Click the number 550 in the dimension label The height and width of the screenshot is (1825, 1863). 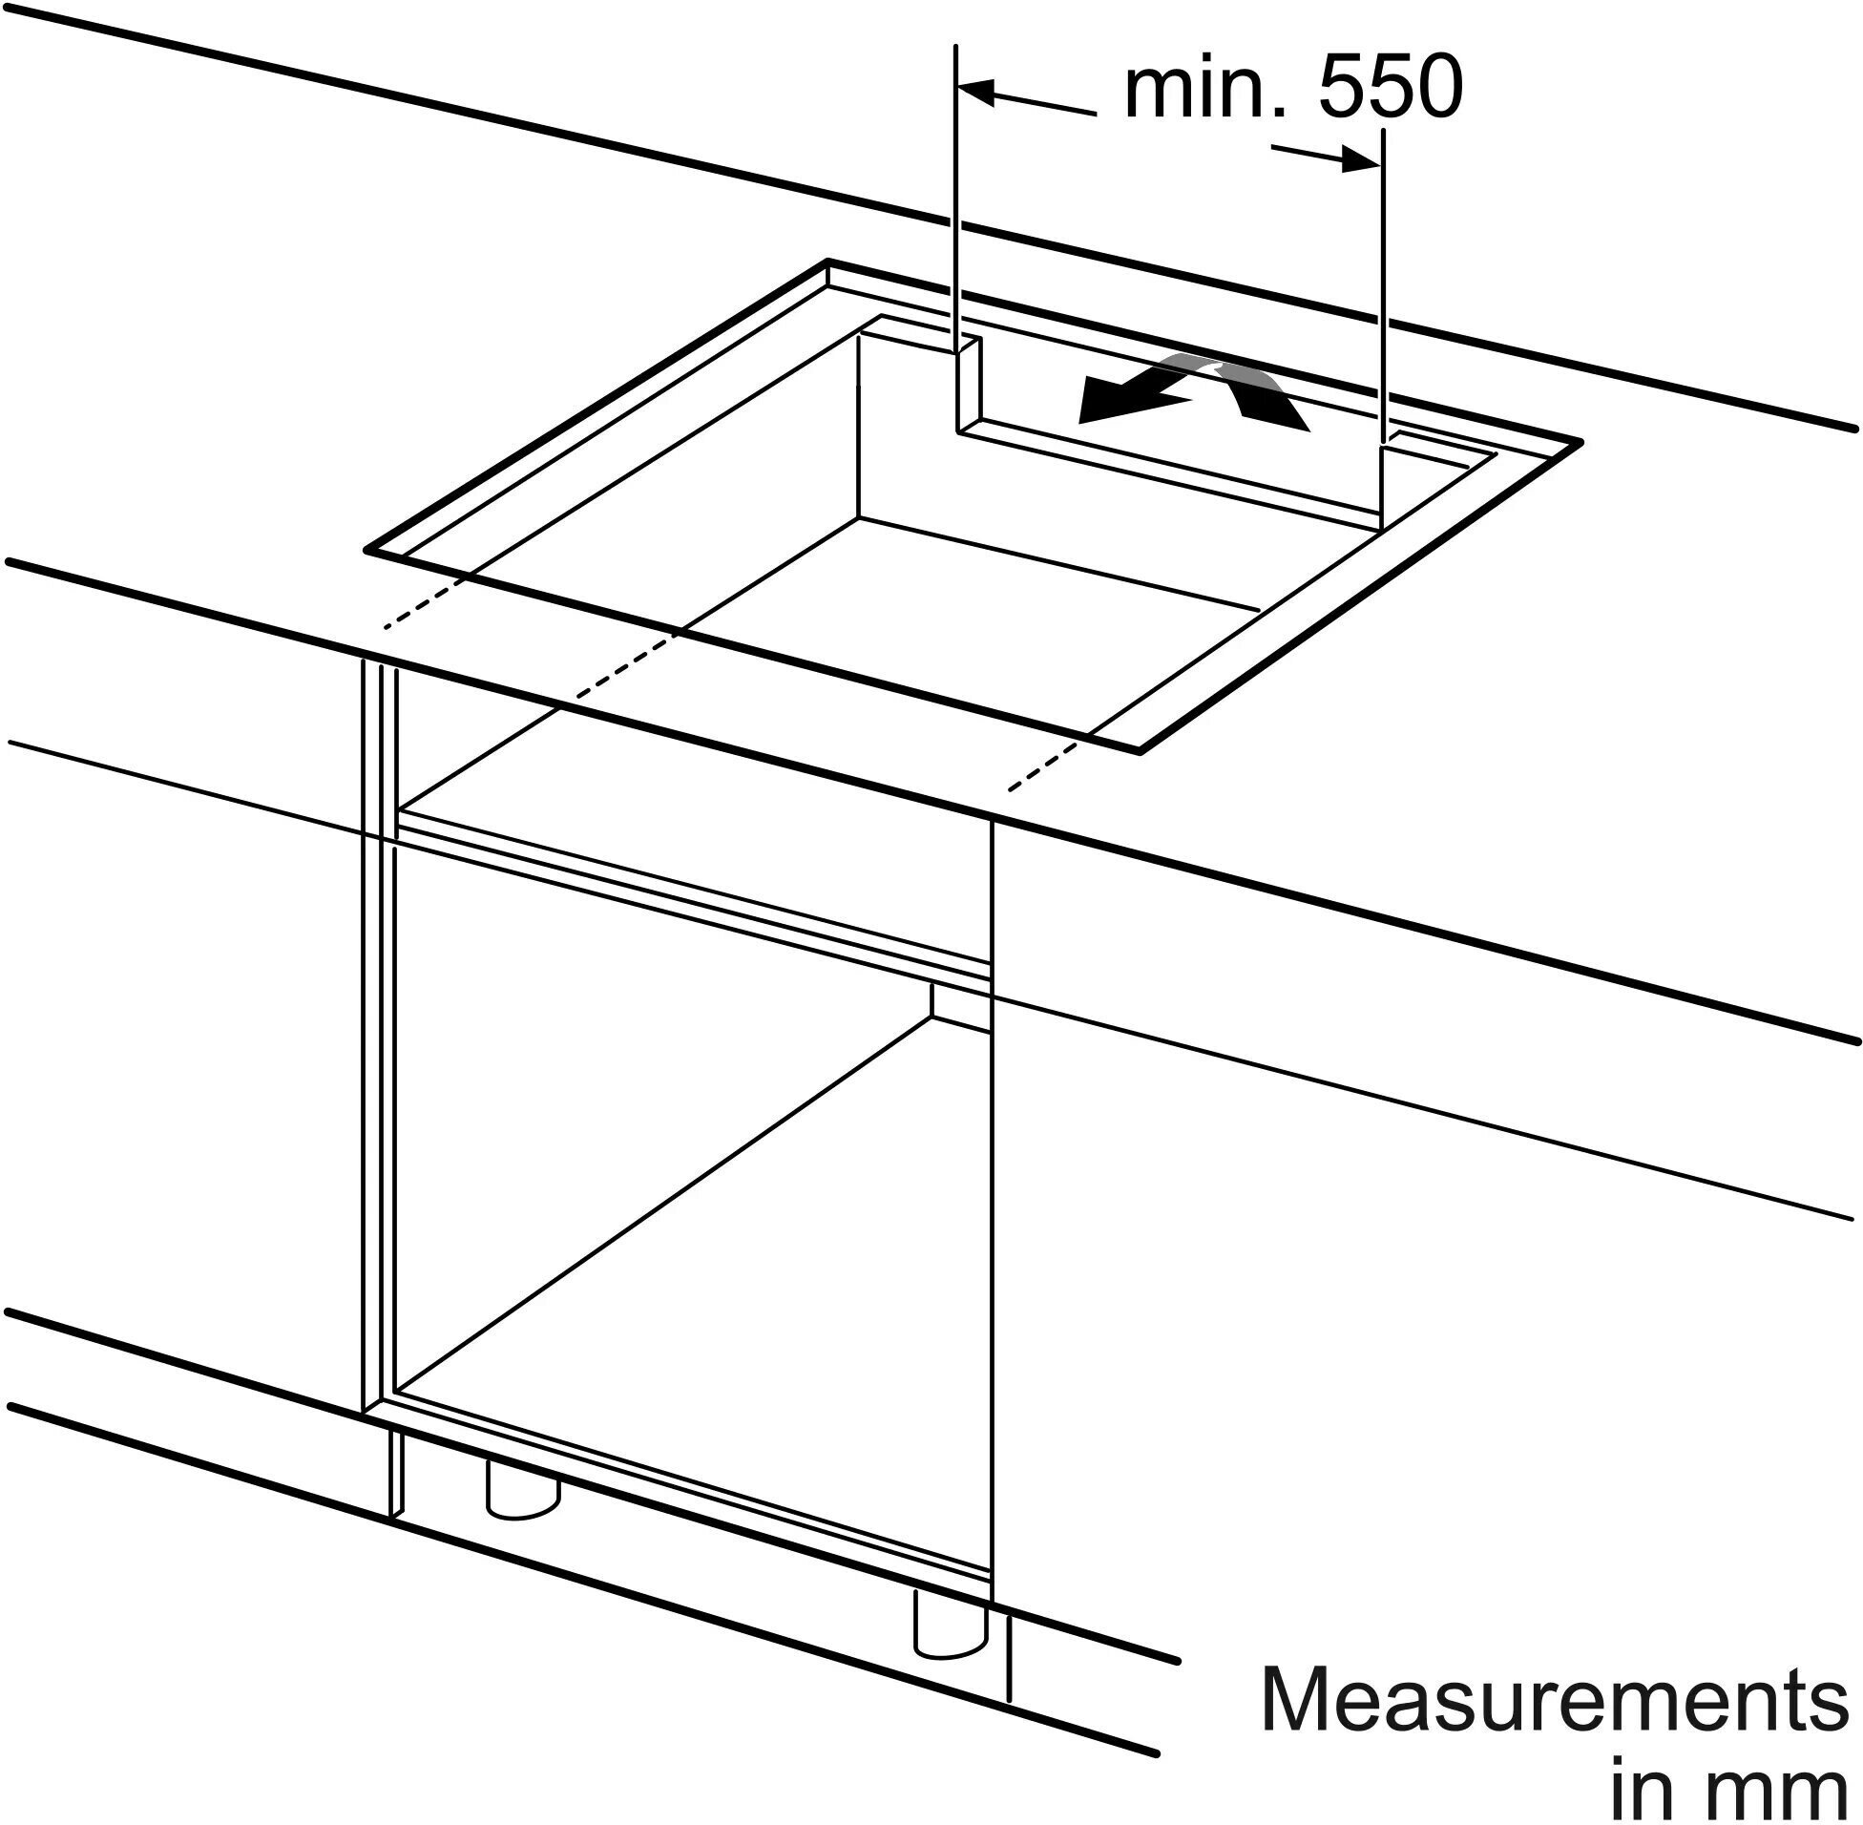click(1389, 87)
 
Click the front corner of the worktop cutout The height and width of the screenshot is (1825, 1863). click(1141, 751)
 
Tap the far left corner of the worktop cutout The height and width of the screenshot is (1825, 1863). click(829, 261)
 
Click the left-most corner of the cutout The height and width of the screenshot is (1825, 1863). click(367, 551)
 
